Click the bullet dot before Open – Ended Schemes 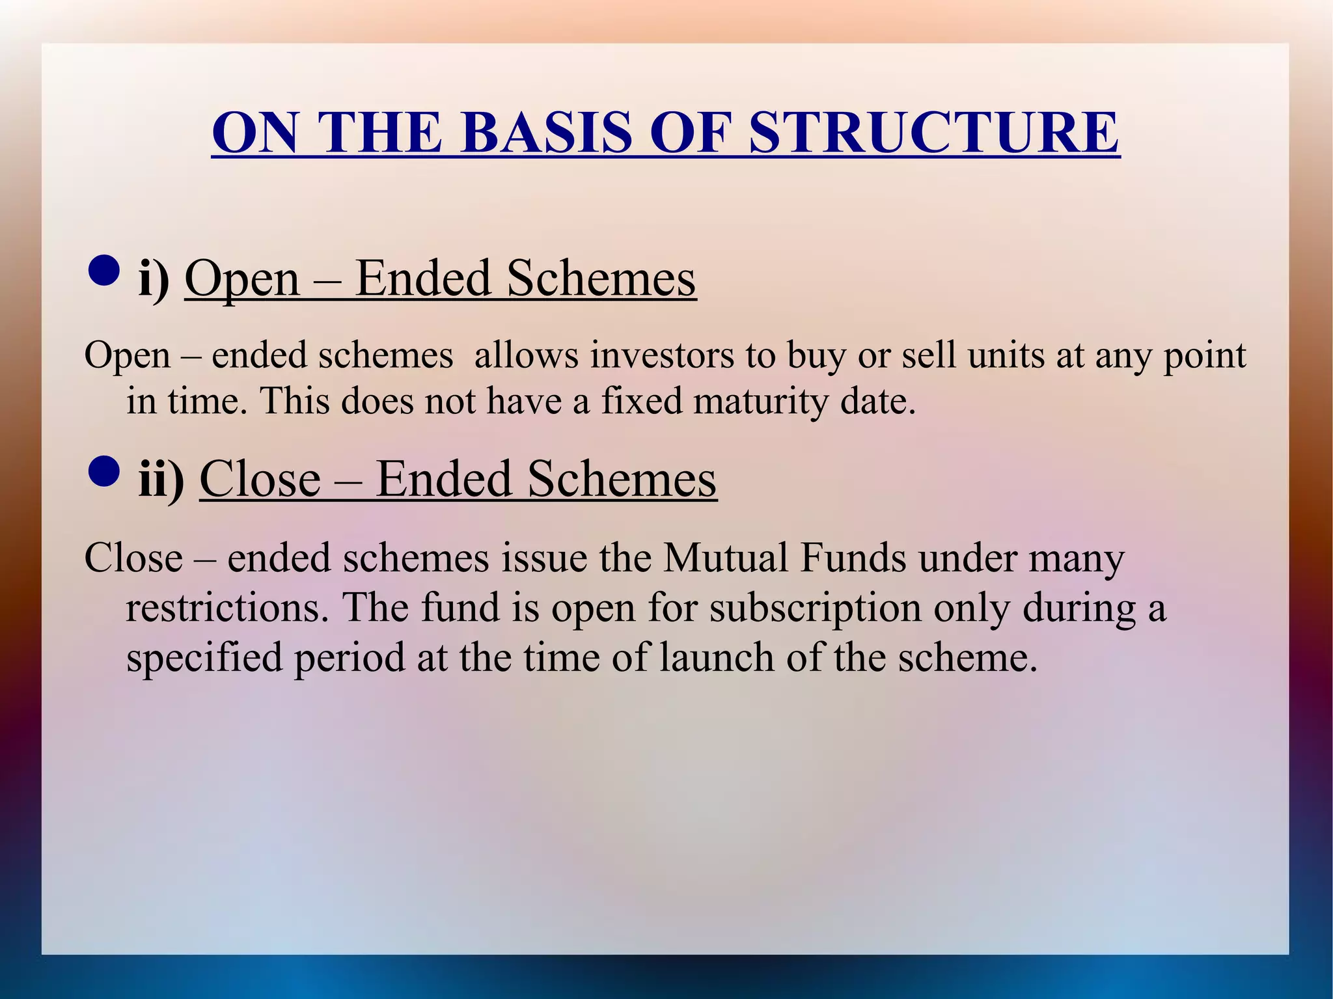tap(103, 271)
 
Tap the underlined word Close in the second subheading tap(260, 480)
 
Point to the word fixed tap(641, 401)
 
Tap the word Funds tap(853, 558)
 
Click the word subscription tap(816, 608)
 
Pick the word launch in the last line tap(717, 657)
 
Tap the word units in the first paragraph tap(1006, 356)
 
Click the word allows tap(526, 356)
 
